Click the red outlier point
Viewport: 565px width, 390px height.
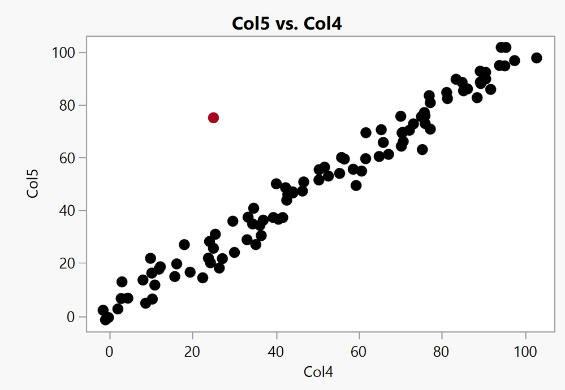[x=213, y=118]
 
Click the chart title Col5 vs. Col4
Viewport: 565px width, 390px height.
[x=287, y=24]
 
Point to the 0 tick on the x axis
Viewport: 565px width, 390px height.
[x=109, y=350]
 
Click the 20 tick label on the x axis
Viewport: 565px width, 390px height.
[x=192, y=350]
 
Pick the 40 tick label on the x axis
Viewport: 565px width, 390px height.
[x=275, y=350]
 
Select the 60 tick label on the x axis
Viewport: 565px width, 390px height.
[x=359, y=350]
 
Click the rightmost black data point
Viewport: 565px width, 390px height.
[x=536, y=58]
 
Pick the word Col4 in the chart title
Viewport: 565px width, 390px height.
[x=324, y=24]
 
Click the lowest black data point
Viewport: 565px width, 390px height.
[x=105, y=320]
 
